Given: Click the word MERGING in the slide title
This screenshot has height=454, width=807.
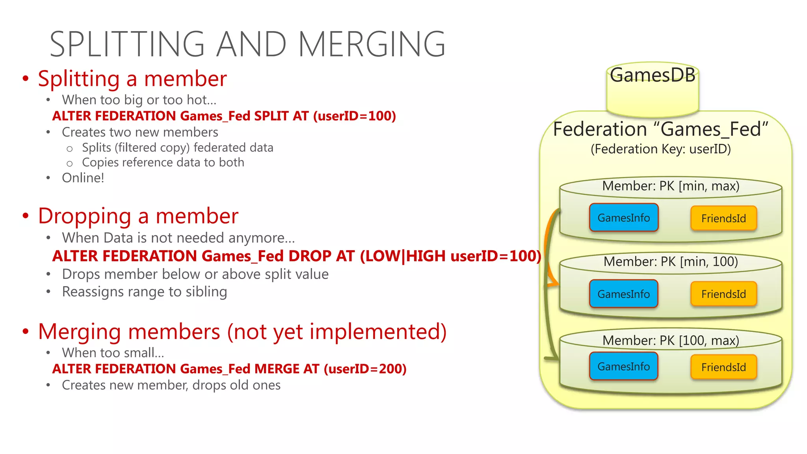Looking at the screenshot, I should point(372,44).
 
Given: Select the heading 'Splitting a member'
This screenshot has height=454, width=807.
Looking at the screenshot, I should point(132,79).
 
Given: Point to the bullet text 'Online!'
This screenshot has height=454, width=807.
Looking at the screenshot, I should point(83,178).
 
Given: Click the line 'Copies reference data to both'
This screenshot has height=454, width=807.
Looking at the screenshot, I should point(163,162).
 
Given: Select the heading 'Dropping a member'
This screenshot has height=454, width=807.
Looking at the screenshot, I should point(138,216).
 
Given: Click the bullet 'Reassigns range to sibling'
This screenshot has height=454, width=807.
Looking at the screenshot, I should point(144,292).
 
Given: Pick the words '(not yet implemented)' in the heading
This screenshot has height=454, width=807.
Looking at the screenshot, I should point(337,331).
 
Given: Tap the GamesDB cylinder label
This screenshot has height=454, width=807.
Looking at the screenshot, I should point(653,75).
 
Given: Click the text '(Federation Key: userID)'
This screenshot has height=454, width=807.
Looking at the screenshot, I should point(660,149).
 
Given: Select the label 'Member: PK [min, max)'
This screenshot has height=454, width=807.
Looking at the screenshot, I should point(671,186).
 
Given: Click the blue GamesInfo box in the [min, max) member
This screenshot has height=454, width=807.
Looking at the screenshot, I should point(623,218).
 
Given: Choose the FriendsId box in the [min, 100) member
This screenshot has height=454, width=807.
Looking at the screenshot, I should point(723,294).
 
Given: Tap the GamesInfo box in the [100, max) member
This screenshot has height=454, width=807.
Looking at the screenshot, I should point(623,367).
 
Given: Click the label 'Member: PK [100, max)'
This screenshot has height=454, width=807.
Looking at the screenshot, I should point(671,340).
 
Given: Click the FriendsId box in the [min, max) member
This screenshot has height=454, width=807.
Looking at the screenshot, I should point(723,218).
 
